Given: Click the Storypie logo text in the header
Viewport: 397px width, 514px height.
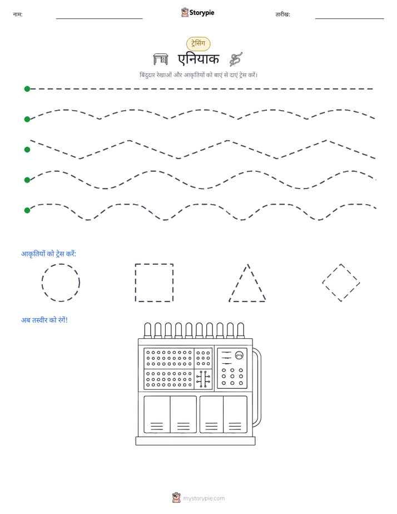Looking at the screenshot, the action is (202, 13).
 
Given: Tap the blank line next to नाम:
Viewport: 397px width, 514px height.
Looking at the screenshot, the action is (99, 18).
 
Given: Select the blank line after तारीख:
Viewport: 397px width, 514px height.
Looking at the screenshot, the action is (350, 18).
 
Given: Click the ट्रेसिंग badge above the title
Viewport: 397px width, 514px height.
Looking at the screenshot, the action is (198, 43).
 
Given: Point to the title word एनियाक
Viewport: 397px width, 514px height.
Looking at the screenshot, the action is (198, 60).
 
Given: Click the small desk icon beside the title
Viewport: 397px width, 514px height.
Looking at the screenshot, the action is (161, 59).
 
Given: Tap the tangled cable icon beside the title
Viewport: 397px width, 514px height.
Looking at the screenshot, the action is (236, 59).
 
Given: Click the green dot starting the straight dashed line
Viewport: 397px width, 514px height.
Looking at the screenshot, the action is (27, 89).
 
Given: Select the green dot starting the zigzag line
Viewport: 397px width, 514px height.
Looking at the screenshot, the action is (27, 150).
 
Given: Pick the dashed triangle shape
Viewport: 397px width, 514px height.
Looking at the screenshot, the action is (239, 283).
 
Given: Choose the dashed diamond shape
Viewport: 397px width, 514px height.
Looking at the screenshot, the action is (331, 273).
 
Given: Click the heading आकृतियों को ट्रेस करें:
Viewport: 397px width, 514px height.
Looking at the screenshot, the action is (48, 254).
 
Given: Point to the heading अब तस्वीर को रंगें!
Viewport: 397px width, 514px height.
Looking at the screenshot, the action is (44, 320).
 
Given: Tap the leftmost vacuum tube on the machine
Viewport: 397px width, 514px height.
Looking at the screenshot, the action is (148, 330).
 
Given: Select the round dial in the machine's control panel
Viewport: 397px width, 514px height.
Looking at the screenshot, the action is (240, 355).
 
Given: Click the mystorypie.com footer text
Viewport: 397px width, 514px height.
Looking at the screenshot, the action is (204, 498).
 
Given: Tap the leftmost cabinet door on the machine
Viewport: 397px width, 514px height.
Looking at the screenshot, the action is (157, 414).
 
